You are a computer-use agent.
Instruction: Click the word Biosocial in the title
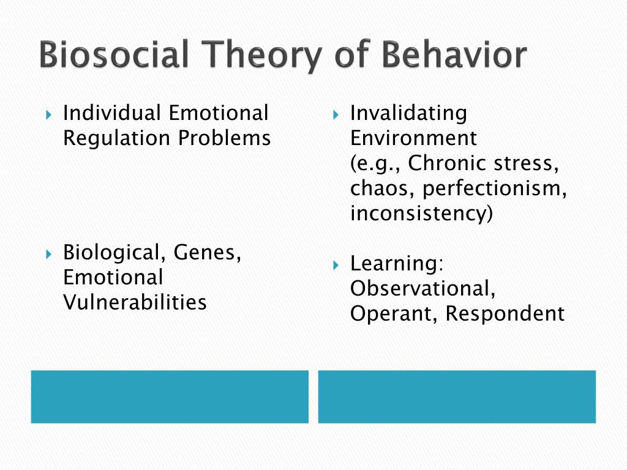pos(114,54)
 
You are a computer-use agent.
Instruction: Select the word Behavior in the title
pos(454,54)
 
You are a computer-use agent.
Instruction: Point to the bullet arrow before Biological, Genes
pos(49,254)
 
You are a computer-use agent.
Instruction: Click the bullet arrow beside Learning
pos(336,265)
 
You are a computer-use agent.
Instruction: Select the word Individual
pos(111,113)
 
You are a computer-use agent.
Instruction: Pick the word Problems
pos(224,138)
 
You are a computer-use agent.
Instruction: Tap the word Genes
pos(207,253)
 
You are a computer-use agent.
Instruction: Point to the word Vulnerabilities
pos(135,302)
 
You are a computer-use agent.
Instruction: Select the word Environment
pos(413,138)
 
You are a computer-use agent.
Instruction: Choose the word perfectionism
pos(495,188)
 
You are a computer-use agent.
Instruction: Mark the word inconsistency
pos(421,213)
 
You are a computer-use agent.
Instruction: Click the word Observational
pos(422,289)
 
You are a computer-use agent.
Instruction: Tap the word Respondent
pos(505,314)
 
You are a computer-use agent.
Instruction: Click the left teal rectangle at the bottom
pos(170,397)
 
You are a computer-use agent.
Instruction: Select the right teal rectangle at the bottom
pos(457,397)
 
